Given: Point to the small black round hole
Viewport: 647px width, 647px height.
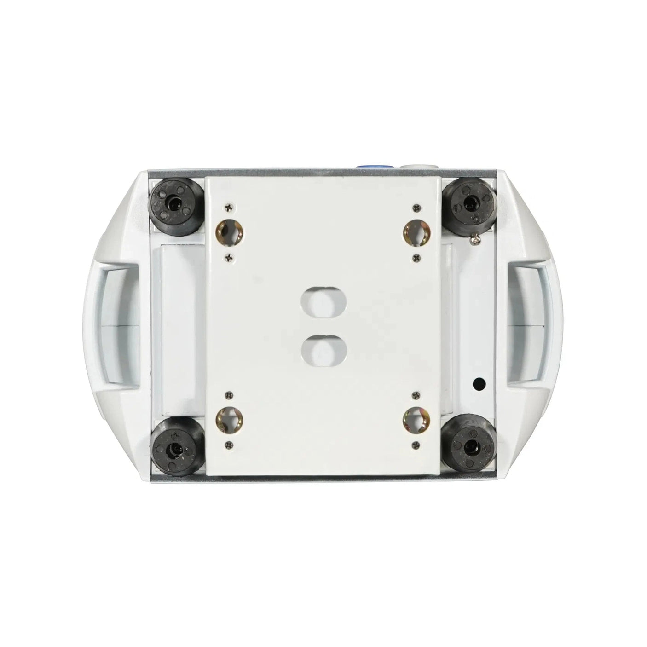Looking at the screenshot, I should (x=479, y=382).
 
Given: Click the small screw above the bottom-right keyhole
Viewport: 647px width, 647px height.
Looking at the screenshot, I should (x=417, y=395).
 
